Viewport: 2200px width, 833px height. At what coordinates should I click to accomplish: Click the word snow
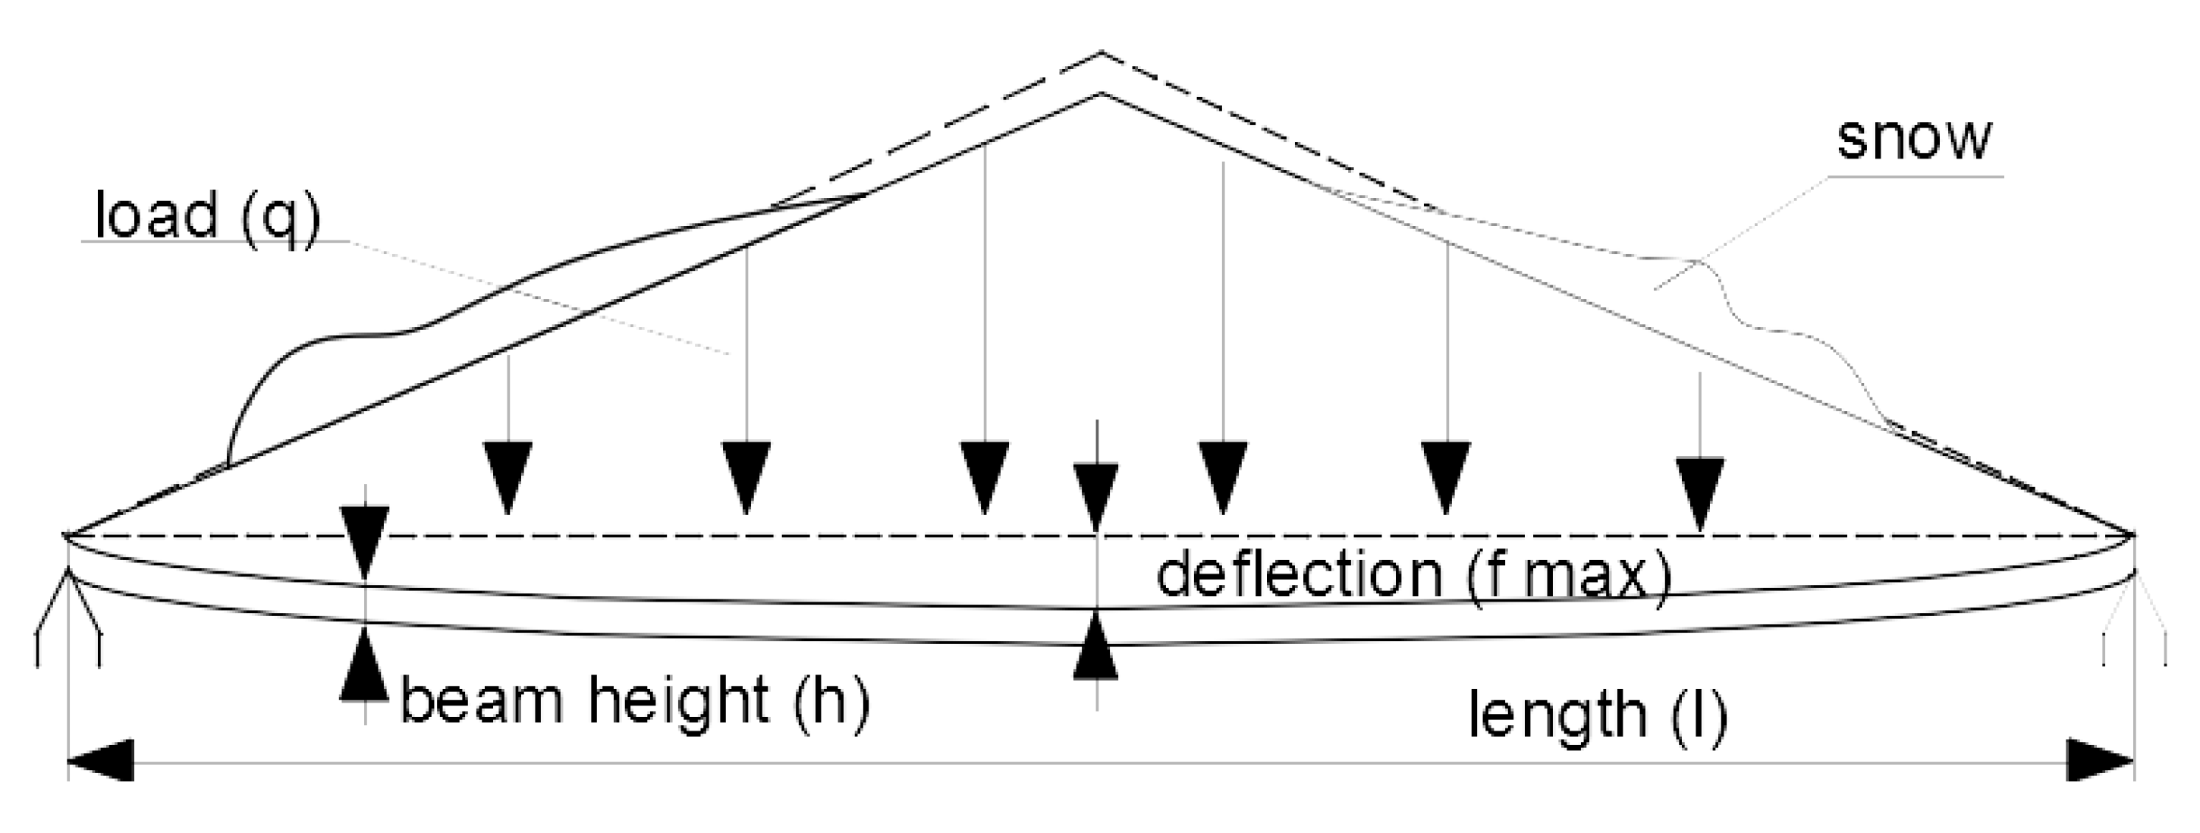(1913, 140)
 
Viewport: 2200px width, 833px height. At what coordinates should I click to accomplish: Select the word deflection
(1299, 575)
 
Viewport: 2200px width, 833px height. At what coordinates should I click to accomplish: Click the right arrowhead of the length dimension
(2099, 760)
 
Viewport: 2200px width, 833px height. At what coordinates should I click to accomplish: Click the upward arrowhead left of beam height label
(365, 665)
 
